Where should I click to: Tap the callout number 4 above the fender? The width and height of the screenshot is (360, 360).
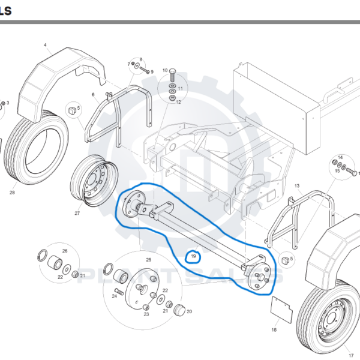45,45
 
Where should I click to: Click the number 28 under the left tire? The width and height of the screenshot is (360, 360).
12,193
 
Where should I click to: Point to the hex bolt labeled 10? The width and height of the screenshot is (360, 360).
173,76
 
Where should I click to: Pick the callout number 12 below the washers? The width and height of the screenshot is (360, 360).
178,102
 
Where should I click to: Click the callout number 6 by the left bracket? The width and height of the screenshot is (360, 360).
93,94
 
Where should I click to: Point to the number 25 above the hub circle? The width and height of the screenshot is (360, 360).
149,260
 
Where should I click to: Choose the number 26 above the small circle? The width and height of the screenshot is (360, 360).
65,251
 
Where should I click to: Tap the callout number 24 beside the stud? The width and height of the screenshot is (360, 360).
114,296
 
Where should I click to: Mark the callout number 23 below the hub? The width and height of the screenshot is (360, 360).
146,314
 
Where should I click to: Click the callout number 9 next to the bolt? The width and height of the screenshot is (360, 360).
152,72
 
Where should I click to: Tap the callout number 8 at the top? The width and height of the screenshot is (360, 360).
141,60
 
